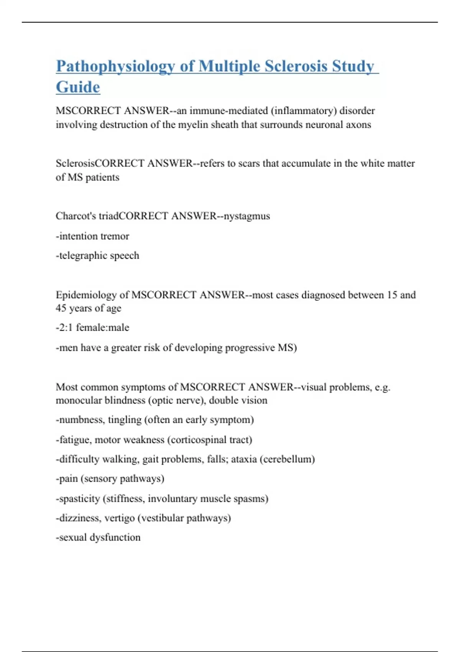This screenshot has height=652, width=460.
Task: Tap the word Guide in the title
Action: [78, 87]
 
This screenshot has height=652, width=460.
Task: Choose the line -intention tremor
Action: [92, 236]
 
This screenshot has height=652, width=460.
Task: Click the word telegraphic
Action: [83, 256]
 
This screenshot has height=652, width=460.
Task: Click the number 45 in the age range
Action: [61, 308]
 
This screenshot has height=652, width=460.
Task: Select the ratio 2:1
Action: [66, 328]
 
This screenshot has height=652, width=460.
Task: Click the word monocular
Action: [79, 400]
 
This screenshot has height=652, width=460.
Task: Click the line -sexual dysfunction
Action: [98, 537]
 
